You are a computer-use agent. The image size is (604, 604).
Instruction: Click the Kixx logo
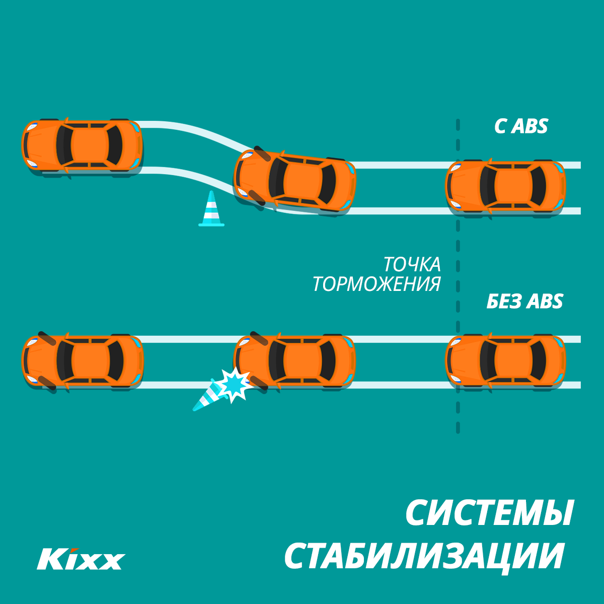pyautogui.click(x=81, y=558)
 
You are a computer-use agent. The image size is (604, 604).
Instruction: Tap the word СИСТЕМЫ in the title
pyautogui.click(x=489, y=513)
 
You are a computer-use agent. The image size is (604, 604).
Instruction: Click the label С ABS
pyautogui.click(x=521, y=126)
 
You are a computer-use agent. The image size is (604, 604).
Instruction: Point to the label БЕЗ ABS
pyautogui.click(x=524, y=301)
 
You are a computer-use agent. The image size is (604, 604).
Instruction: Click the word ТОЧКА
pyautogui.click(x=412, y=264)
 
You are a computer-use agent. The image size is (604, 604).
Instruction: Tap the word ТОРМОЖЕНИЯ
pyautogui.click(x=376, y=284)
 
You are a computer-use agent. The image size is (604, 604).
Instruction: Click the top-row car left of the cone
pyautogui.click(x=82, y=145)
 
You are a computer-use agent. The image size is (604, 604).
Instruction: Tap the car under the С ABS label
pyautogui.click(x=506, y=186)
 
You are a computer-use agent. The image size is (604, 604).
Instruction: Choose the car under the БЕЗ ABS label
pyautogui.click(x=506, y=360)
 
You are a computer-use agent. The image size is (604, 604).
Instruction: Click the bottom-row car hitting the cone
pyautogui.click(x=295, y=360)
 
